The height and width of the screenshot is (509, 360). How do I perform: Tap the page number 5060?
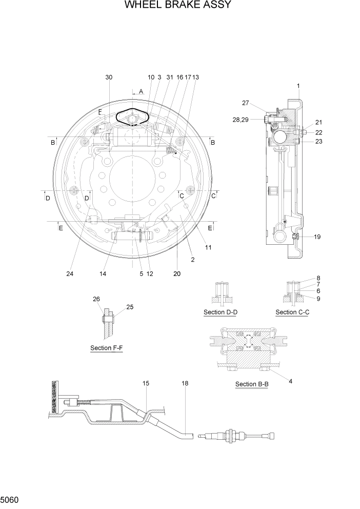click(10, 499)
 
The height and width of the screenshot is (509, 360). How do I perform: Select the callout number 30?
click(109, 77)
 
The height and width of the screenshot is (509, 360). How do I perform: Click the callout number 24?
click(70, 273)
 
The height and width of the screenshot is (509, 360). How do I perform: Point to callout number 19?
click(317, 237)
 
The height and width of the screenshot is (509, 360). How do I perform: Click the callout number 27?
click(246, 103)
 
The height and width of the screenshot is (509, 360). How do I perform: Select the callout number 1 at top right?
click(298, 85)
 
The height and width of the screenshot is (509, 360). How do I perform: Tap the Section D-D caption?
click(221, 312)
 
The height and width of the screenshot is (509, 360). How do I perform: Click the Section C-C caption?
click(292, 312)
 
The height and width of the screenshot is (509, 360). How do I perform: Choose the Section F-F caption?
click(106, 348)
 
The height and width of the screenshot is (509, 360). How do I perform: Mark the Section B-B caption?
click(252, 384)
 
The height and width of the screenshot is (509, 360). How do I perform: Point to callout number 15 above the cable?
click(146, 383)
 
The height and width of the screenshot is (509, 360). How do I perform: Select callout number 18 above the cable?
click(185, 383)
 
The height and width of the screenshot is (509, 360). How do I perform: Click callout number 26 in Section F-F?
click(96, 299)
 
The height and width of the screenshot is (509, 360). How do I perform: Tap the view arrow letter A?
click(141, 91)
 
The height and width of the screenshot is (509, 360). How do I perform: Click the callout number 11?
click(209, 247)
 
